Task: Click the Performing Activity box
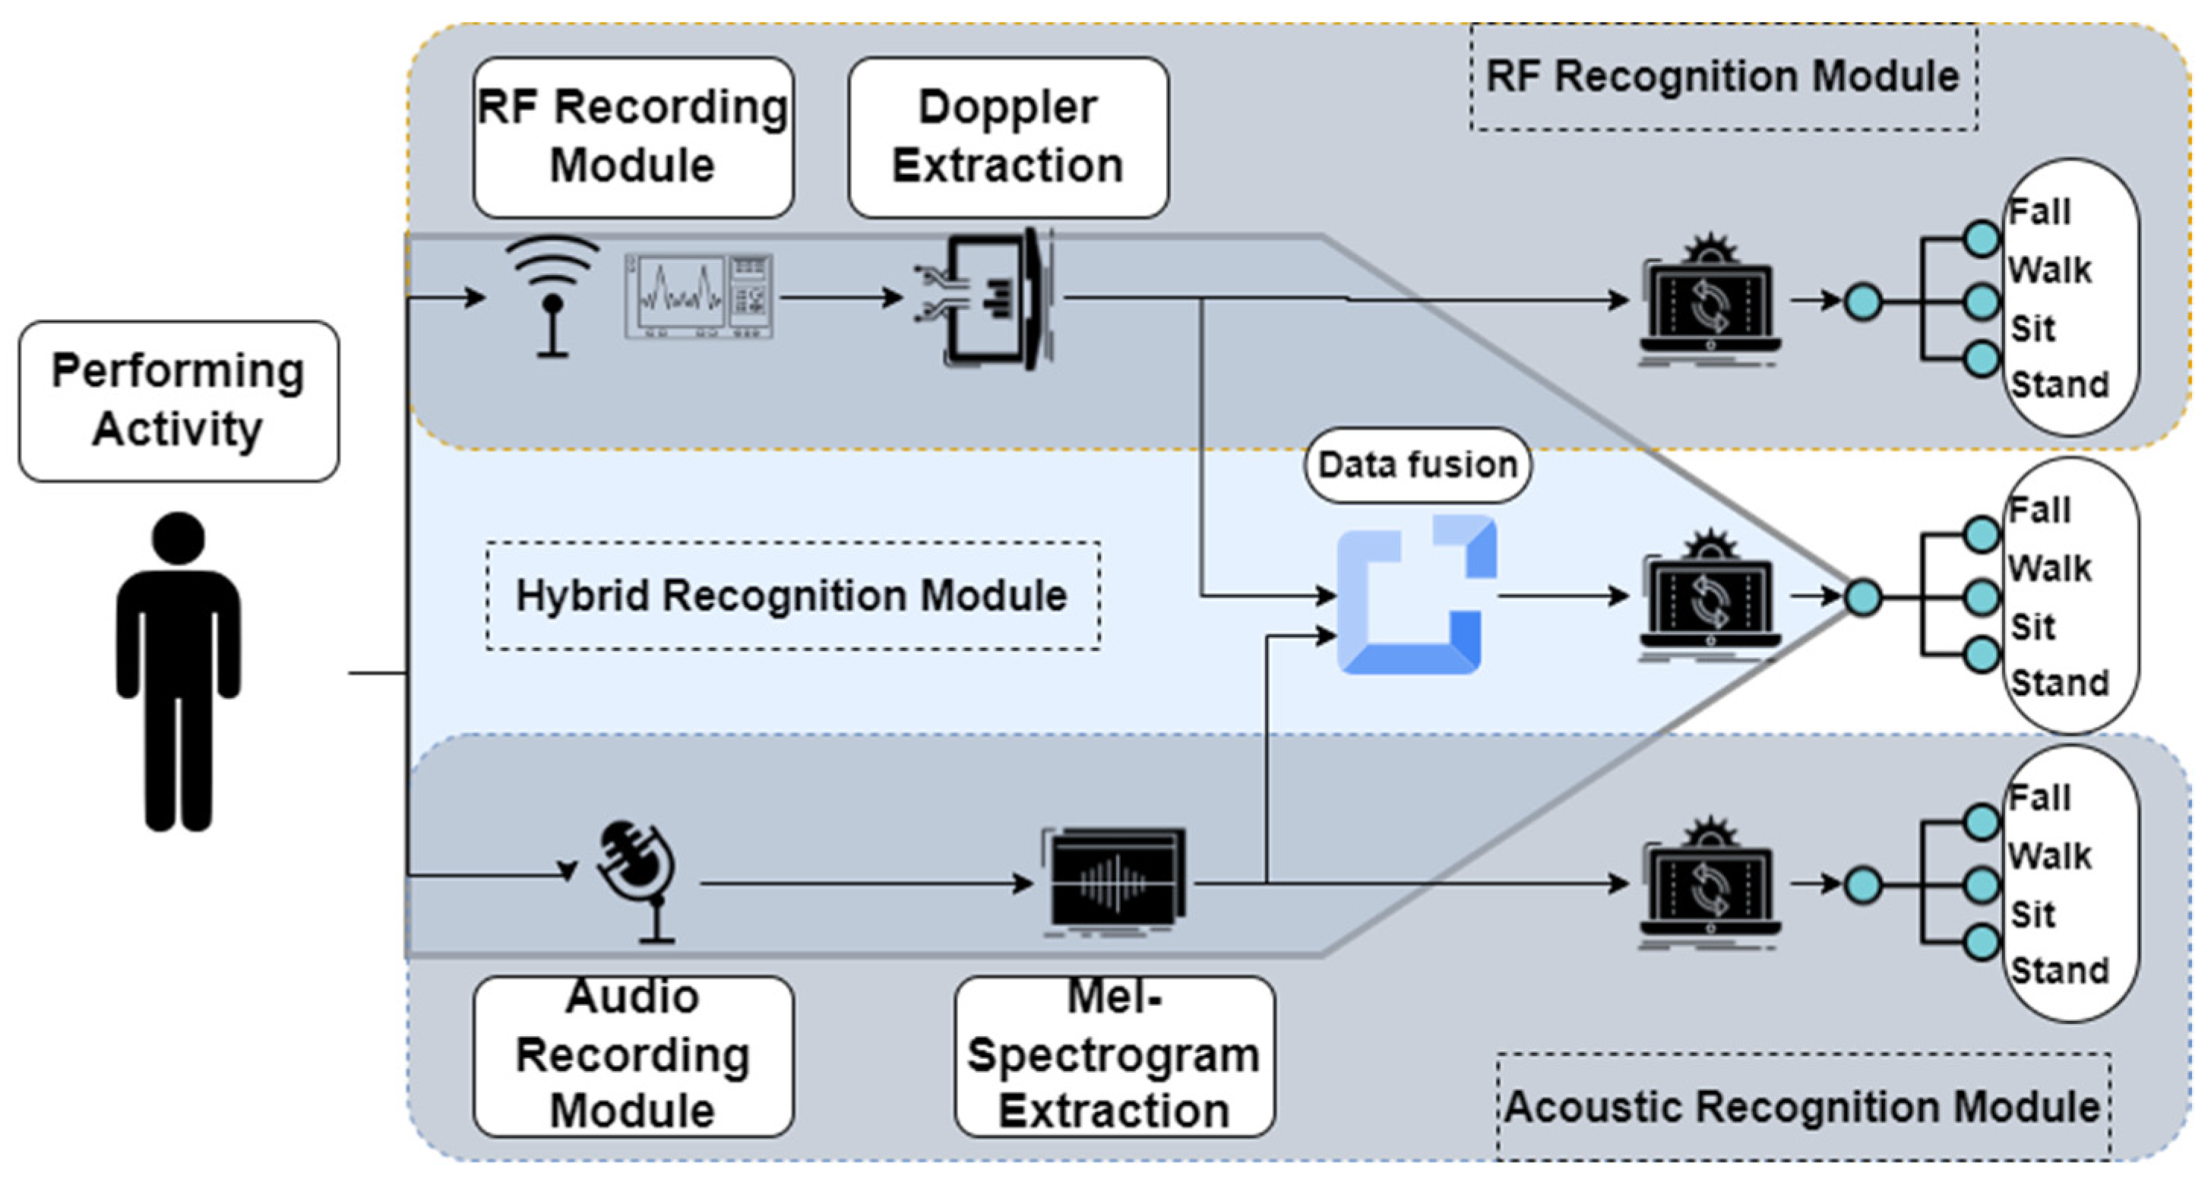(179, 401)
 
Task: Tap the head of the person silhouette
(179, 538)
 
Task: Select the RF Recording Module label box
(633, 137)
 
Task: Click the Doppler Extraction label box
(1007, 137)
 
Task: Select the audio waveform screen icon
(1116, 882)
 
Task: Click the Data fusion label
(1417, 465)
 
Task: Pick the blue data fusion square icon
(1416, 595)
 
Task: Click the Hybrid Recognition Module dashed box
(792, 596)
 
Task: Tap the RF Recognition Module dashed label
(1722, 77)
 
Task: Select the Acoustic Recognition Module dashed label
(1802, 1106)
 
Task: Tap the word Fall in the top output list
(2039, 212)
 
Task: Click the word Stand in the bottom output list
(2059, 971)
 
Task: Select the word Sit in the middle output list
(2032, 627)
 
